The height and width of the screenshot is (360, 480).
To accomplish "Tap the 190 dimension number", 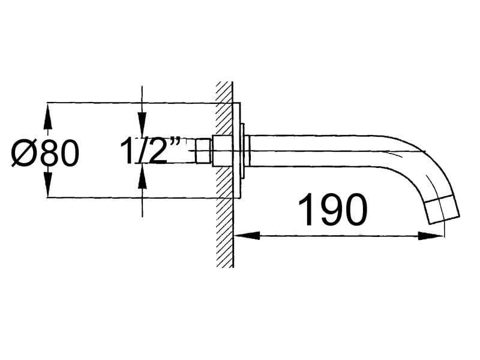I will coord(332,210).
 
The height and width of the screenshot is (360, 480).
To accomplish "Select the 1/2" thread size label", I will coord(151,151).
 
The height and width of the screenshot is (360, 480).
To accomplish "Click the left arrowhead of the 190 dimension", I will coord(242,236).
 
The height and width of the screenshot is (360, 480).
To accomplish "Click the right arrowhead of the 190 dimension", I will coord(435,236).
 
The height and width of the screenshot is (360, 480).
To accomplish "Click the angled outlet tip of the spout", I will coord(442,211).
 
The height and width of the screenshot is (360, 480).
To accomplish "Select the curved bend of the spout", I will coord(420,162).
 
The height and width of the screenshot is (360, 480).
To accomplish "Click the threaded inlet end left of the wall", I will coord(204,151).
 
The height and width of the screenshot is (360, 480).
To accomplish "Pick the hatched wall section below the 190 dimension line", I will coord(224,252).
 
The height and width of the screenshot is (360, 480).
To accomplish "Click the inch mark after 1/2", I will coord(175,142).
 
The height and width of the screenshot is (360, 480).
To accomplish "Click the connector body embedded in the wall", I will coord(222,151).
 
